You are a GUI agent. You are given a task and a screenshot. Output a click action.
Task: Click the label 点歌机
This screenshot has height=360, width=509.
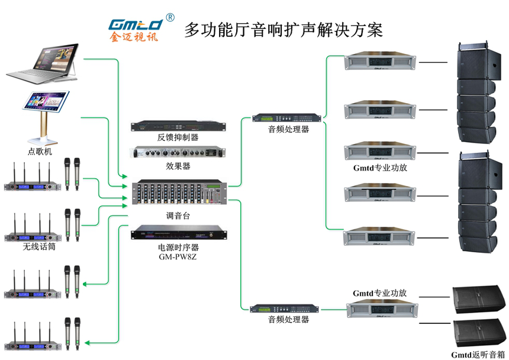tap(40, 152)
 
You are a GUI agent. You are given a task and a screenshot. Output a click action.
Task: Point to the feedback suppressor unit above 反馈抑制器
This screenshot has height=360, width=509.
tap(178, 126)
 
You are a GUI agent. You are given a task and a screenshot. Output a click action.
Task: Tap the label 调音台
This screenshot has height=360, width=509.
tap(178, 216)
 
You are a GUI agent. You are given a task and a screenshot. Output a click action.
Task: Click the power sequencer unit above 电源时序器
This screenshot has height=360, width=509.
tap(178, 233)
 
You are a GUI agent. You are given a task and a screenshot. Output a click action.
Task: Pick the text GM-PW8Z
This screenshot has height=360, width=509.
tap(178, 256)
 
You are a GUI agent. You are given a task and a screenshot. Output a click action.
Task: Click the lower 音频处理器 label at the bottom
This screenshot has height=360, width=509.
tap(288, 320)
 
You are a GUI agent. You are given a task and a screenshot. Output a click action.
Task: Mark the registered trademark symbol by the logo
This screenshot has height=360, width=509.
tap(170, 17)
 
